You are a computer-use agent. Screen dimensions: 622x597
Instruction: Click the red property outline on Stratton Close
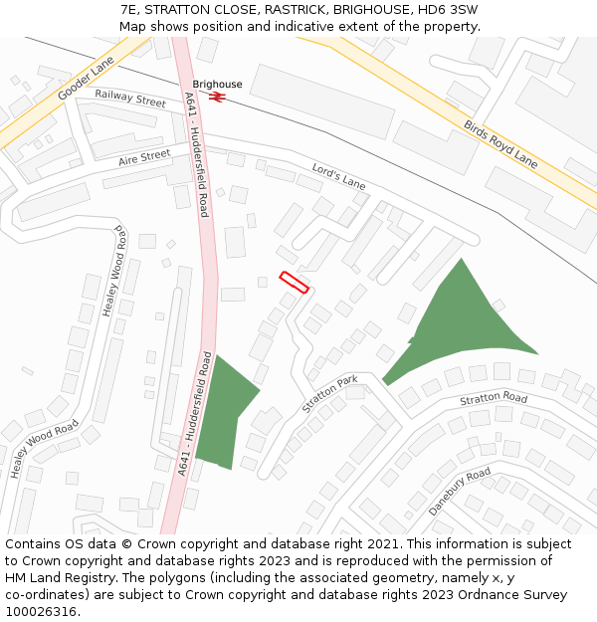coord(295,283)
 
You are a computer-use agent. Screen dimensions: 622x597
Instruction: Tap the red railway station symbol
coord(218,97)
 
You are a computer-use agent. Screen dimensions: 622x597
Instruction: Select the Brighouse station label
coord(217,85)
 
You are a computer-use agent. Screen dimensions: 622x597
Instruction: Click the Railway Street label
coord(130,100)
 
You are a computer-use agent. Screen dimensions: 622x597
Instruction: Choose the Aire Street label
coord(144,157)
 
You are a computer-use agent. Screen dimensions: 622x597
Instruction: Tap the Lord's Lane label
coord(339,176)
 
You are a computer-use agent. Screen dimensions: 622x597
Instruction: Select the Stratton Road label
coord(494,399)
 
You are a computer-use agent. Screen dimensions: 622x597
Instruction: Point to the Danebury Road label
coord(460,491)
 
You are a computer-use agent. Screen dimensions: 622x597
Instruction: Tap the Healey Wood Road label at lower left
coord(45,448)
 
